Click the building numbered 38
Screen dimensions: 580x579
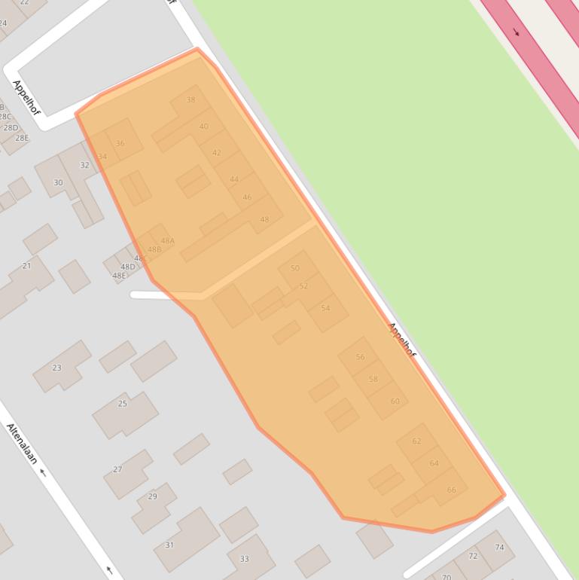pos(190,99)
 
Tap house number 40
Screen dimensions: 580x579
pos(203,127)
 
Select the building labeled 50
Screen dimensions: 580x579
pos(294,268)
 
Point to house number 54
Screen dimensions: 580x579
pos(325,308)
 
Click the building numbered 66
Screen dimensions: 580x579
pos(451,490)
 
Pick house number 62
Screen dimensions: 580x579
pos(416,441)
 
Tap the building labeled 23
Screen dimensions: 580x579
pos(56,368)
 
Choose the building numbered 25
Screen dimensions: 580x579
pos(123,404)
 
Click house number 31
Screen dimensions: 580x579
pos(169,545)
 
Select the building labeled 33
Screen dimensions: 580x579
pos(244,559)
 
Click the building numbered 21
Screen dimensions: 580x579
pos(26,266)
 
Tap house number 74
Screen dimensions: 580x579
pos(499,548)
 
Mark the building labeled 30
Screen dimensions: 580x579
pos(58,182)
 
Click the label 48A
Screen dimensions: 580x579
pos(167,241)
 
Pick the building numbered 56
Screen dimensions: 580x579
pos(360,357)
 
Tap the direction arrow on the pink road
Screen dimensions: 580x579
pos(517,32)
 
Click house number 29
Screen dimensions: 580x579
pos(153,496)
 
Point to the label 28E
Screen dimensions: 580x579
pos(22,138)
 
